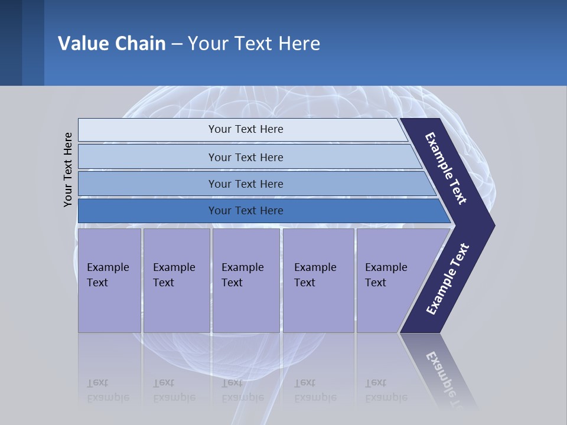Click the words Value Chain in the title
tap(112, 44)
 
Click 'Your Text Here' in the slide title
tap(254, 44)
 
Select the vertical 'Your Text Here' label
tap(68, 170)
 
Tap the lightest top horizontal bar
tap(245, 130)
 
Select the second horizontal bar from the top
tap(245, 157)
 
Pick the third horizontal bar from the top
tap(245, 184)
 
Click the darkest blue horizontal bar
tap(245, 211)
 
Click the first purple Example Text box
tap(109, 280)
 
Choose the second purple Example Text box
tap(176, 280)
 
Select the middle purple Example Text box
tap(246, 280)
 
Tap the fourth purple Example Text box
tap(318, 280)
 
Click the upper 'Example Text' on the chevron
tap(447, 169)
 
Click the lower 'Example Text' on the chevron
tap(448, 279)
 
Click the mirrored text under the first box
tap(107, 391)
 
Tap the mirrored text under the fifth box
tap(386, 391)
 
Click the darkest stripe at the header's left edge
tap(11, 42)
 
